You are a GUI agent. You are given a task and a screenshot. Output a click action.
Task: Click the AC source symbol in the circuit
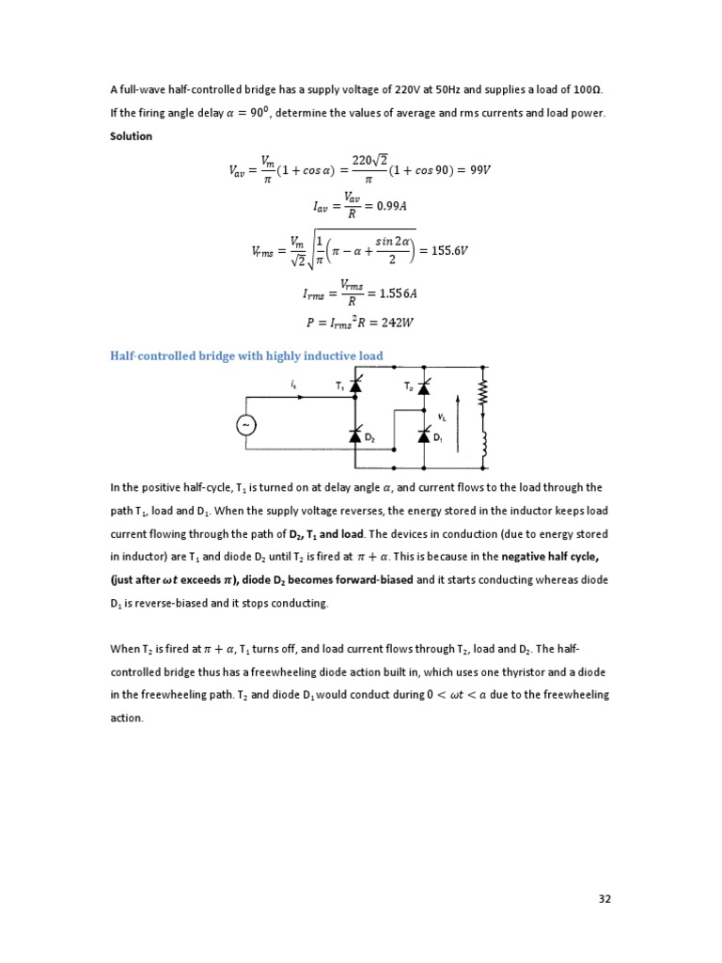(x=247, y=426)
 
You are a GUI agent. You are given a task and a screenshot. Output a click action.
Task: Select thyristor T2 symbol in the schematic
(x=423, y=387)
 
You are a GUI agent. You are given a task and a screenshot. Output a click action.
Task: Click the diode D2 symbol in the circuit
(x=355, y=435)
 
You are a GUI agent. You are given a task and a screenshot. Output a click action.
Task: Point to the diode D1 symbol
(x=423, y=435)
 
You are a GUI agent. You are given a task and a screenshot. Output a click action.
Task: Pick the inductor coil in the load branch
(x=486, y=446)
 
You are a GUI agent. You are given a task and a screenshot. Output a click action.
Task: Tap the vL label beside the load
(x=442, y=415)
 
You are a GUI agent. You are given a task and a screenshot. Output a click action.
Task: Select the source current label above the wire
(x=294, y=384)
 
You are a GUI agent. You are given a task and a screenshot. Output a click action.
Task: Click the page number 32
(x=604, y=898)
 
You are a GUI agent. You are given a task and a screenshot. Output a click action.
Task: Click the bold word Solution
(x=131, y=136)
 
